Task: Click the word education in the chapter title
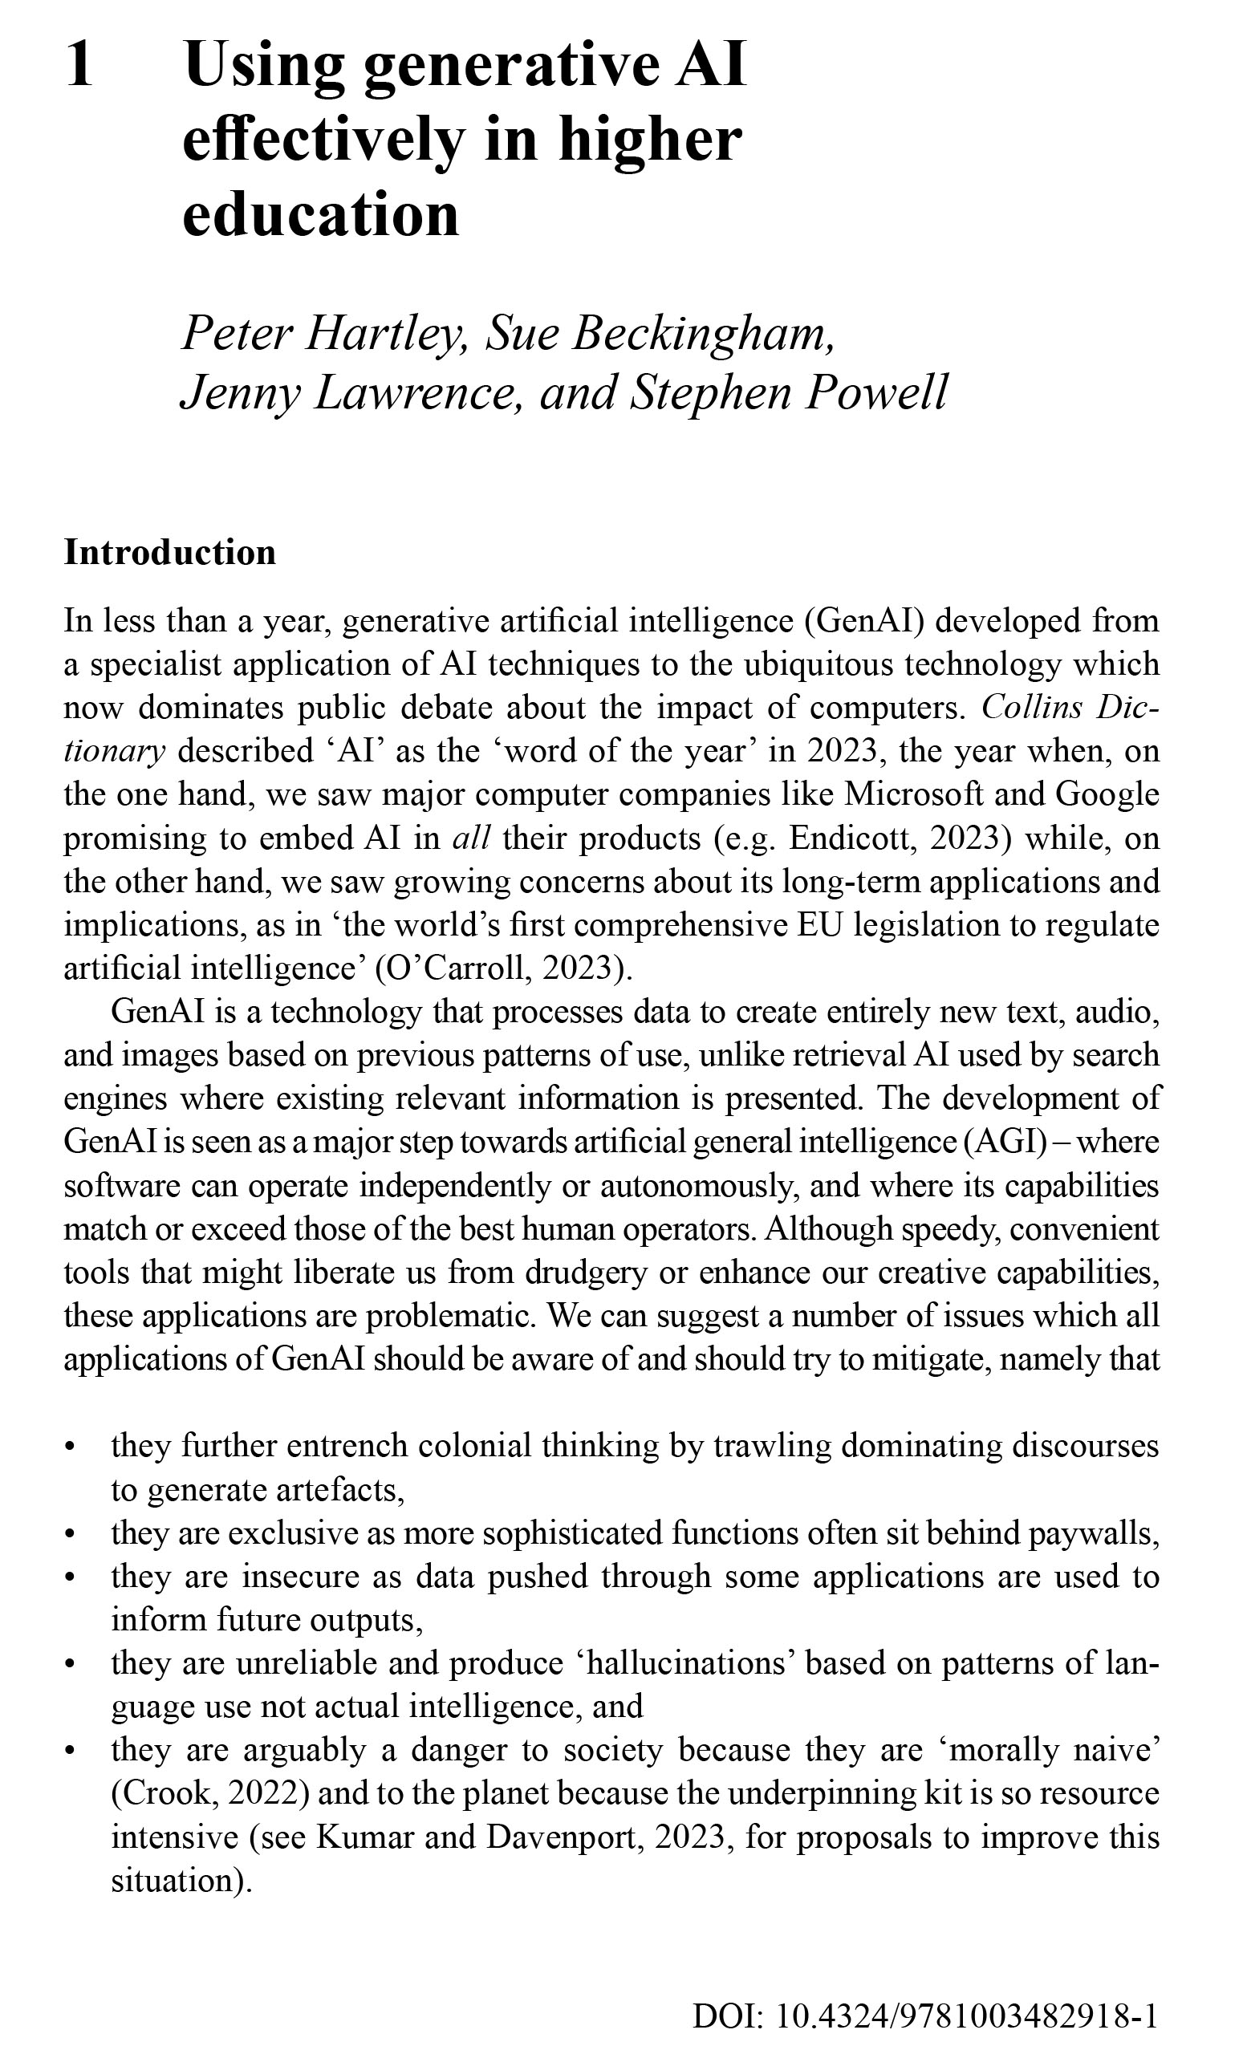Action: point(320,214)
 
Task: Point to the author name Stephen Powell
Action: point(789,394)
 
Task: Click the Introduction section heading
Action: point(170,553)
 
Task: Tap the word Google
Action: point(1107,794)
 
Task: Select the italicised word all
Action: point(471,838)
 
